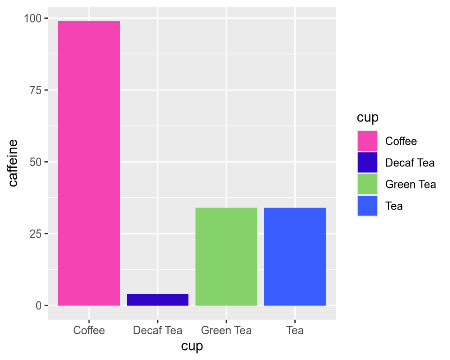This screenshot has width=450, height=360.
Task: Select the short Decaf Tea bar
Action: click(157, 300)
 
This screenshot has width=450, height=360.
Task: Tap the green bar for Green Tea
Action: click(226, 256)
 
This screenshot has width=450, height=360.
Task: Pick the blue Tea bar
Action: click(295, 256)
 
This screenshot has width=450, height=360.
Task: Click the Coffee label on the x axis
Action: click(89, 330)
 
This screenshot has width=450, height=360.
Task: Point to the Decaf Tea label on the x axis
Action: click(157, 330)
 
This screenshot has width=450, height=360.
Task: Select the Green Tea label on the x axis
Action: click(226, 330)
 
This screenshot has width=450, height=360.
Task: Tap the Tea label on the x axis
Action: click(295, 330)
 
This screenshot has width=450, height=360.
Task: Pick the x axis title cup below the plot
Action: click(192, 347)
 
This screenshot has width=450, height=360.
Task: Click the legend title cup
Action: click(367, 117)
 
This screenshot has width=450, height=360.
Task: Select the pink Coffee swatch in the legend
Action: click(367, 141)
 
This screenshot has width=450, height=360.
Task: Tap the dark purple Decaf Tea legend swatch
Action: click(367, 163)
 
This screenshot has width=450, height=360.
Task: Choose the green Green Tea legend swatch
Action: click(367, 184)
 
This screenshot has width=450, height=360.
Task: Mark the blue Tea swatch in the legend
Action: click(367, 206)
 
